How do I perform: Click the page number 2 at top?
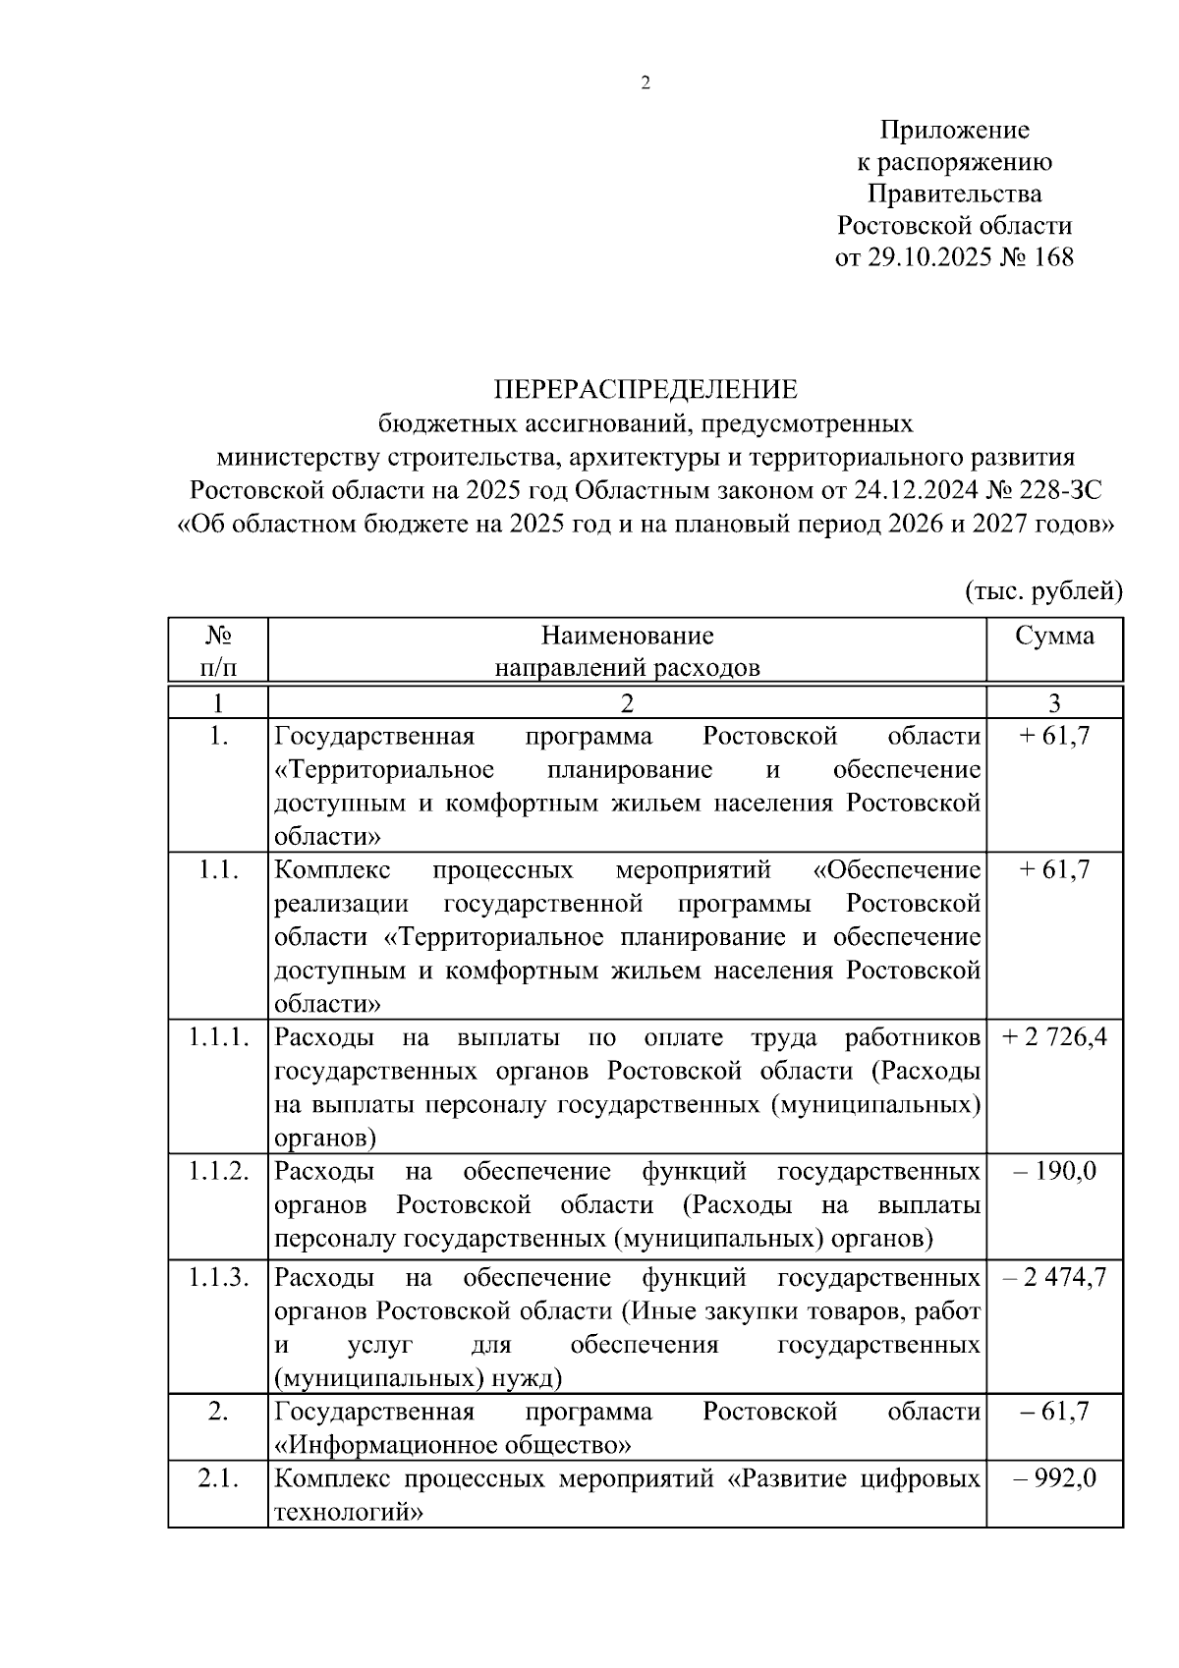(x=646, y=83)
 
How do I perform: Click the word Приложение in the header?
(x=954, y=130)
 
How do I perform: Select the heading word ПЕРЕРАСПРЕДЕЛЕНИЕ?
(x=646, y=390)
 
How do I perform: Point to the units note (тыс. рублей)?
(x=1041, y=590)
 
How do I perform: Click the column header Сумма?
(x=1054, y=636)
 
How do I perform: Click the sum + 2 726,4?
(x=1054, y=1037)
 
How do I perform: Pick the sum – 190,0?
(x=1054, y=1171)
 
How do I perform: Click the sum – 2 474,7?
(x=1054, y=1277)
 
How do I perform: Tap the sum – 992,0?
(x=1054, y=1478)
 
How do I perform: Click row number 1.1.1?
(x=218, y=1037)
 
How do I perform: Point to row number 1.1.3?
(x=218, y=1277)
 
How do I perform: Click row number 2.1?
(x=218, y=1478)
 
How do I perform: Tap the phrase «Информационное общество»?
(x=452, y=1445)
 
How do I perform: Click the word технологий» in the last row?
(x=349, y=1512)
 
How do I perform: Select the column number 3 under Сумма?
(x=1054, y=703)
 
